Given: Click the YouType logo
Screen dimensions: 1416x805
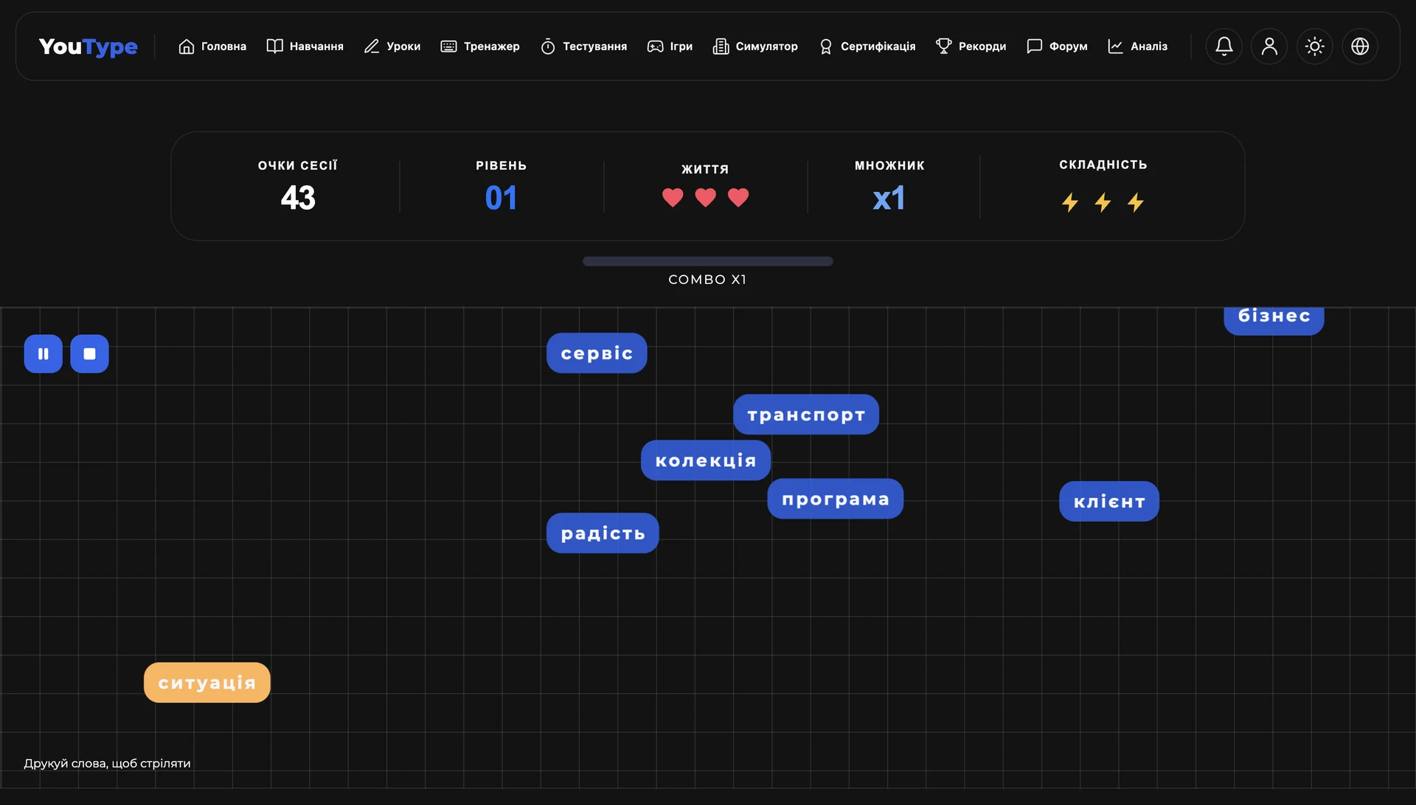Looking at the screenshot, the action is (x=88, y=46).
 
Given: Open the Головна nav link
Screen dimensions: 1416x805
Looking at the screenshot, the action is (x=212, y=46).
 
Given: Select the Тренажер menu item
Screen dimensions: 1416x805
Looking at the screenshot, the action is (x=480, y=46).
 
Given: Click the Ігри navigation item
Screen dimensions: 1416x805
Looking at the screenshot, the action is (x=670, y=46).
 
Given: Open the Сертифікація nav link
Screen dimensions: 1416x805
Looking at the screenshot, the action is (x=867, y=46).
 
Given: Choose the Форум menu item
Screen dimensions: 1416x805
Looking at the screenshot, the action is (x=1057, y=46).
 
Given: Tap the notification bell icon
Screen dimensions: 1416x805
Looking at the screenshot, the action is (x=1224, y=46).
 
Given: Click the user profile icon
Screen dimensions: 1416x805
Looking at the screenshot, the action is (x=1269, y=46).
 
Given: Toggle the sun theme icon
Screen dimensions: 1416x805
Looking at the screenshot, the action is (x=1315, y=46).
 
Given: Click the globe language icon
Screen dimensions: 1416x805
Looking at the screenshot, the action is (x=1360, y=46).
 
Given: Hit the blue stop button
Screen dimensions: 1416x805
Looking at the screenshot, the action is (x=89, y=353).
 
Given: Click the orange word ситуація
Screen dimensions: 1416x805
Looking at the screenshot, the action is (x=207, y=683).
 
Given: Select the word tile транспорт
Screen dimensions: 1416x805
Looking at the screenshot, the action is (x=806, y=415).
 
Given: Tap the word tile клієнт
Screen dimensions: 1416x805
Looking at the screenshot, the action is (x=1109, y=502).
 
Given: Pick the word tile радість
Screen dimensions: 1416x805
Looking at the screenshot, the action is (x=603, y=533).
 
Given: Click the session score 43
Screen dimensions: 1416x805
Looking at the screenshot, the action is (x=298, y=198).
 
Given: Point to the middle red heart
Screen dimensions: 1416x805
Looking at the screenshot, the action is (x=706, y=198).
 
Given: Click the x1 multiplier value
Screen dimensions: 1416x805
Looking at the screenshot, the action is (x=889, y=198).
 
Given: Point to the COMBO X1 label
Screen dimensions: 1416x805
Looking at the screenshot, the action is (x=707, y=280).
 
